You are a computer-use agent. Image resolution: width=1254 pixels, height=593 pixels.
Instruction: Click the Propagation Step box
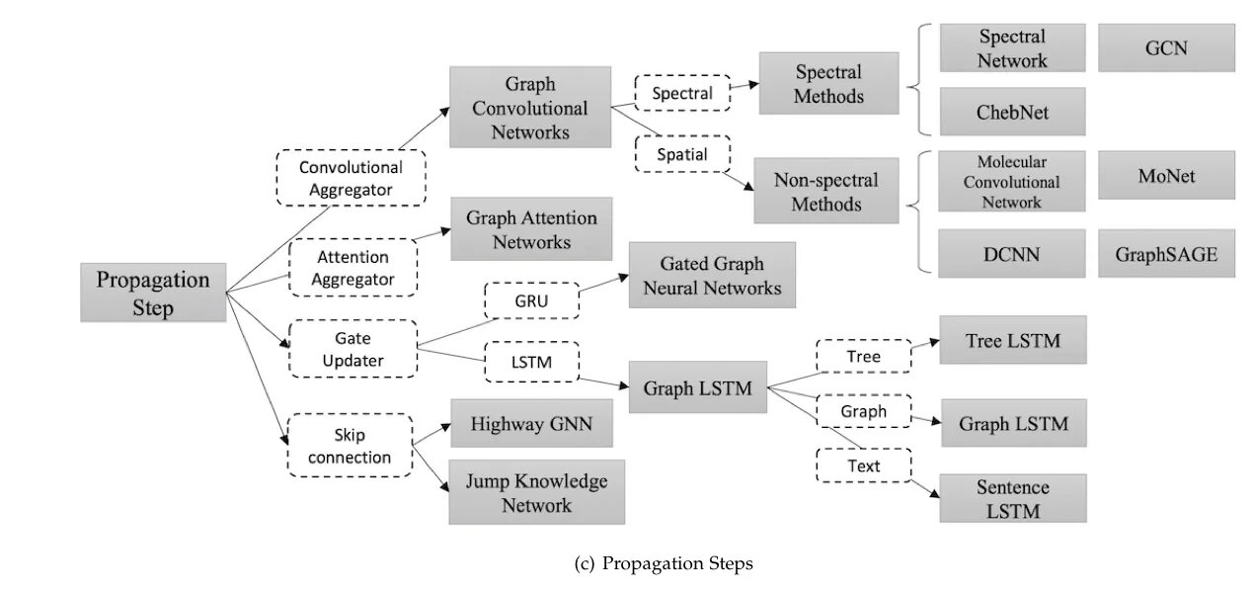coord(153,293)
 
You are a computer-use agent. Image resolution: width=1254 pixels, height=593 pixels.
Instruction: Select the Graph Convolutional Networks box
coord(530,107)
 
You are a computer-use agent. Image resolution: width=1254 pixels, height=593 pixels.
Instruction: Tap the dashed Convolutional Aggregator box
coord(351,178)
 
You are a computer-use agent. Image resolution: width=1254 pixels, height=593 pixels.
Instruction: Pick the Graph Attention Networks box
coord(531,228)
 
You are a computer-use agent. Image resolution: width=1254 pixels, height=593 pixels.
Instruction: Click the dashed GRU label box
coord(532,300)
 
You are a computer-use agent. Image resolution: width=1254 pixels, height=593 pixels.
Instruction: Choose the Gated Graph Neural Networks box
coord(712,275)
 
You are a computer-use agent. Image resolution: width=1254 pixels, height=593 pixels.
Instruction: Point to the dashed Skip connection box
coord(350,446)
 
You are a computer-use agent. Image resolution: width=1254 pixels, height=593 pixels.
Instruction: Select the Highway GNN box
coord(531,423)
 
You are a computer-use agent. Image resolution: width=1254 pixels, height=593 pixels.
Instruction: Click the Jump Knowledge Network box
coord(537,492)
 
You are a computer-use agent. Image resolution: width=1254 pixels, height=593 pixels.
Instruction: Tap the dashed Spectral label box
coord(682,93)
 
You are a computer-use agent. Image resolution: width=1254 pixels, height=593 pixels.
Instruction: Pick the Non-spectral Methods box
coord(826,191)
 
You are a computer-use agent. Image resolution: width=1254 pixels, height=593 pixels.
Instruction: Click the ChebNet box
coord(1013,112)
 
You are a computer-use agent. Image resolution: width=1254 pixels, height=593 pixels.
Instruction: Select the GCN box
coord(1167,47)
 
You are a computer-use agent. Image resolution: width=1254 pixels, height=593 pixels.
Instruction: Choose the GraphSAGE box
coord(1167,253)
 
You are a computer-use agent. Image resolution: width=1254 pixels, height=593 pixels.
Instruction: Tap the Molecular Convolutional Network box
coord(1012,181)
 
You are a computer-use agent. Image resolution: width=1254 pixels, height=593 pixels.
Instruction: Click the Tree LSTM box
coord(1013,340)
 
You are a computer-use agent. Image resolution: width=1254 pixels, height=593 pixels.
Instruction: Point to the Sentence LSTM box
coord(1013,498)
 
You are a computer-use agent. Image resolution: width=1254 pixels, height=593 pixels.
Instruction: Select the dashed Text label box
coord(864,466)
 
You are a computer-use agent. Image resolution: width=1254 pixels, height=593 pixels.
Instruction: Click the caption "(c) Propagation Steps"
coord(664,563)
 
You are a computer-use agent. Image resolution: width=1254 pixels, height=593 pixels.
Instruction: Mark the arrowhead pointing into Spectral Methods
coord(753,85)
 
